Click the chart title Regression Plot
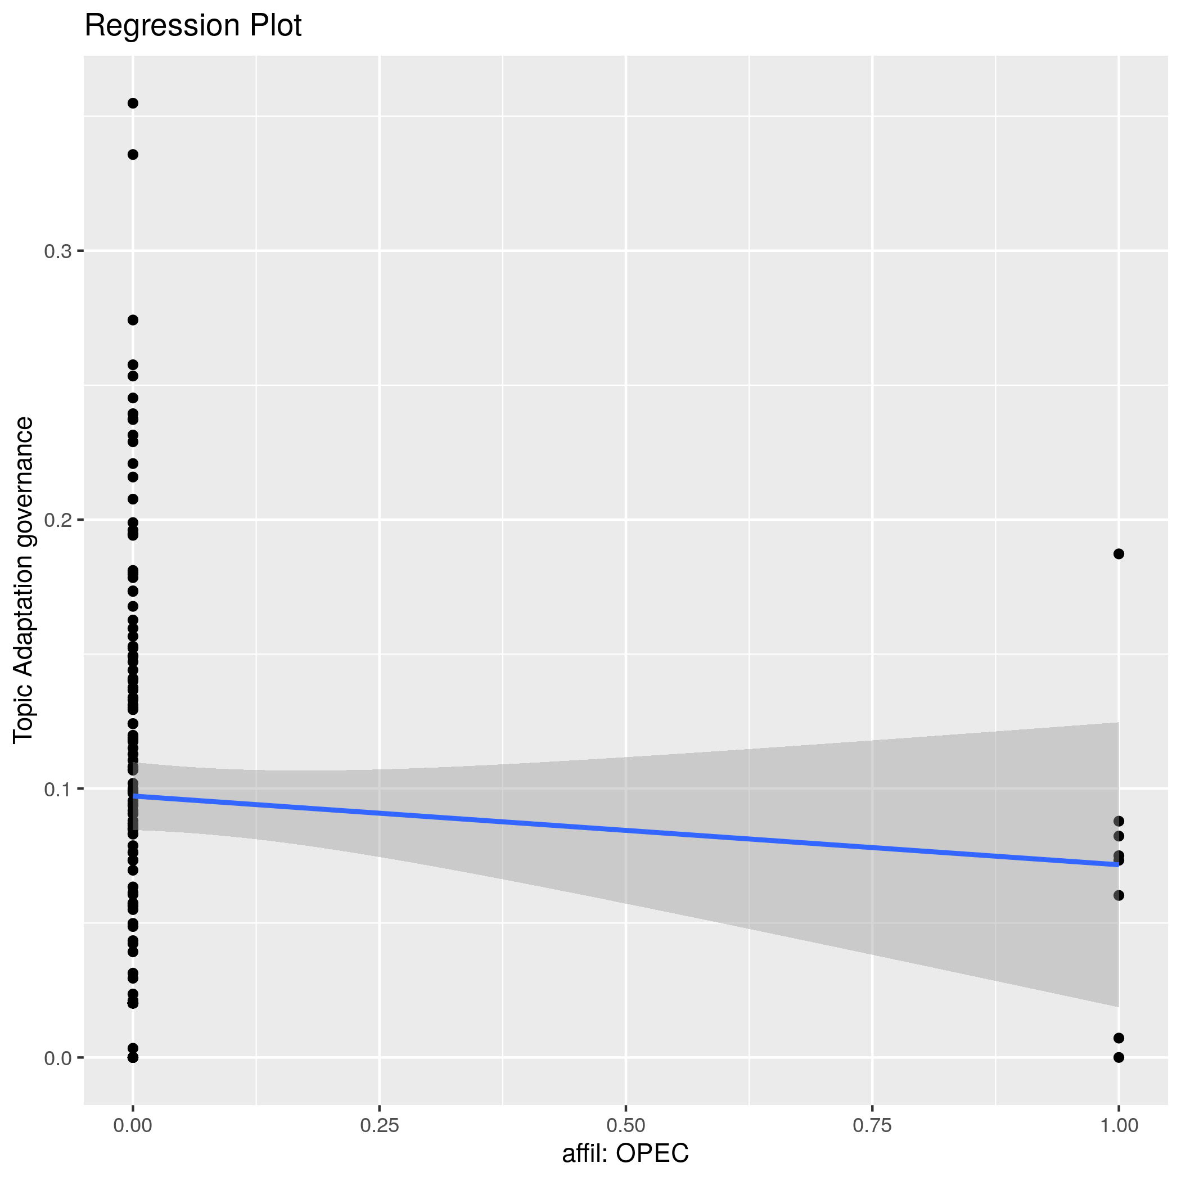coord(192,26)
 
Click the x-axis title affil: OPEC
coord(625,1153)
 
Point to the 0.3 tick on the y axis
coord(57,251)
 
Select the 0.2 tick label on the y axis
coord(57,520)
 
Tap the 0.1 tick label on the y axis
coord(57,789)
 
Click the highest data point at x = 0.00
coord(133,103)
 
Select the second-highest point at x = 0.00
coord(133,155)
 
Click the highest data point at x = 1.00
coord(1119,554)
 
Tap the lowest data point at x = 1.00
coord(1119,1057)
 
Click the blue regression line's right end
coord(1117,864)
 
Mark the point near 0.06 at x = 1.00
coord(1119,895)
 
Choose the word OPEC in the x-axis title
coord(652,1153)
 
